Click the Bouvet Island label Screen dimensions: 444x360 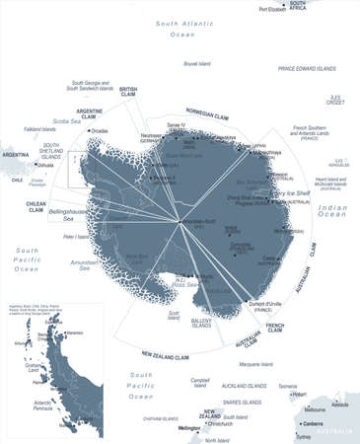(x=196, y=64)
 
